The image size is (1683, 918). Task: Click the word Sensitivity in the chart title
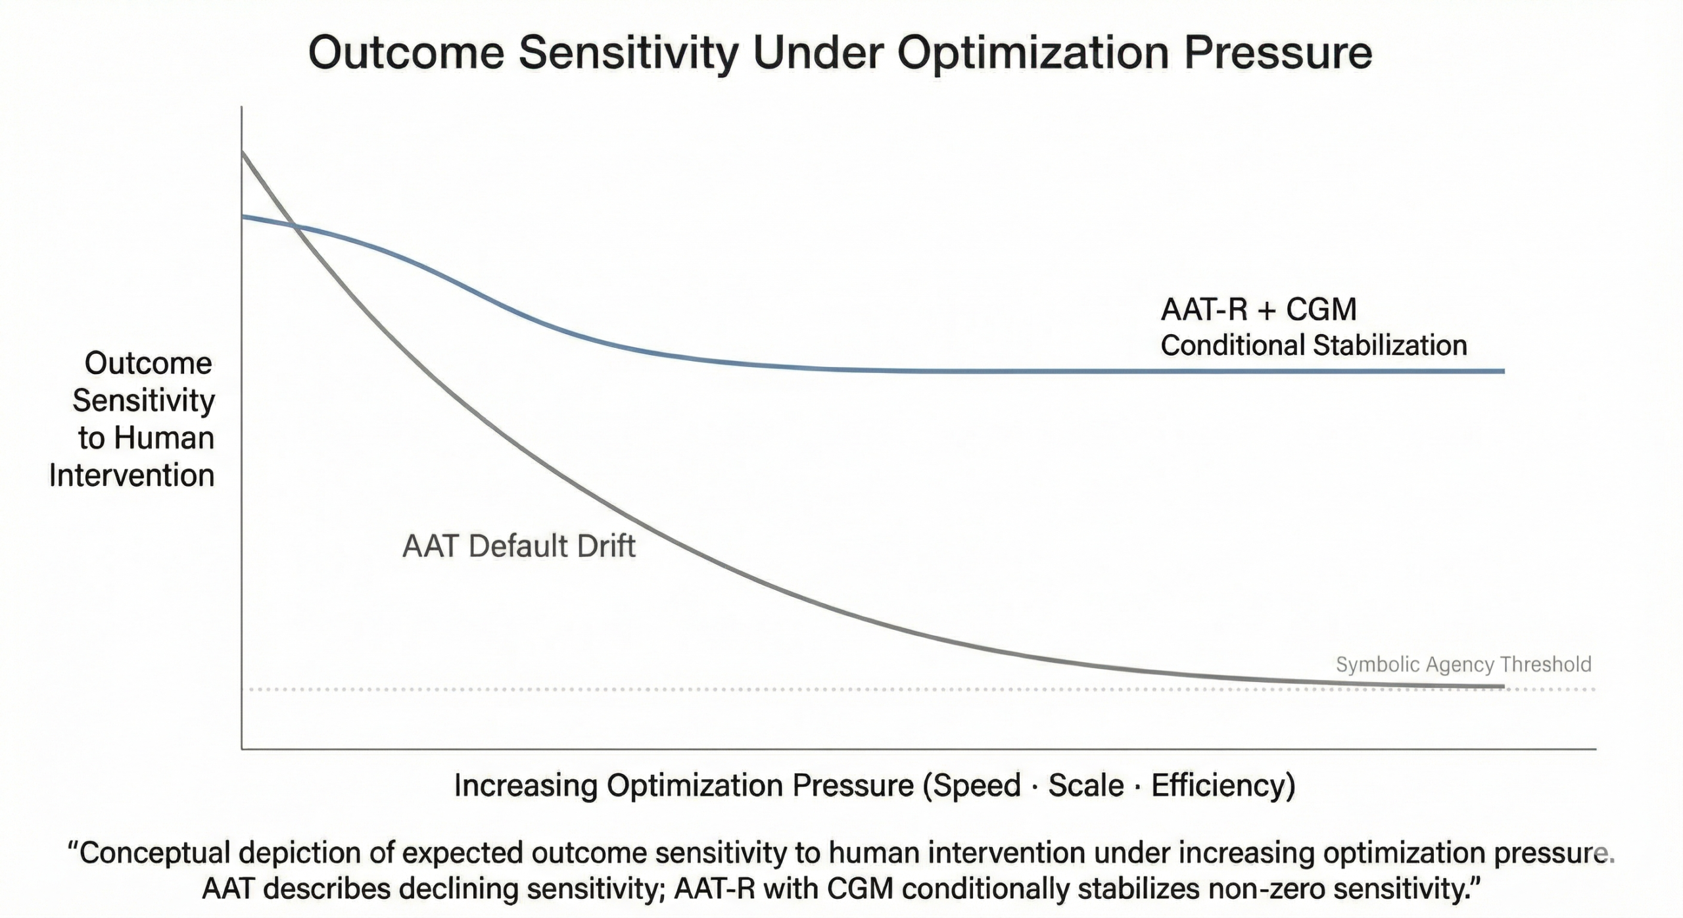click(x=628, y=54)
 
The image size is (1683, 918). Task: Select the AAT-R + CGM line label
click(x=1258, y=310)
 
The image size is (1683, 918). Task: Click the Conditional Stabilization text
click(x=1314, y=346)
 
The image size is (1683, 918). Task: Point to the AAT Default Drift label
click(x=519, y=546)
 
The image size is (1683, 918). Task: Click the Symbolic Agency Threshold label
click(x=1463, y=665)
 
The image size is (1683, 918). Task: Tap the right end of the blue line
click(x=1503, y=372)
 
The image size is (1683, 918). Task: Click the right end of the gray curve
click(x=1502, y=687)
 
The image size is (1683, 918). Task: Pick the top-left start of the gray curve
click(x=243, y=153)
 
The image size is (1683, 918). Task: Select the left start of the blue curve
click(x=244, y=216)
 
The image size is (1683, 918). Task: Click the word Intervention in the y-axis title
click(x=131, y=475)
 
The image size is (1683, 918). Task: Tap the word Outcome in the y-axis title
click(x=148, y=364)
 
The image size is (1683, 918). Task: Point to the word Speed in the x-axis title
click(x=973, y=786)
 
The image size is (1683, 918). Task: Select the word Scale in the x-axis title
click(x=1085, y=786)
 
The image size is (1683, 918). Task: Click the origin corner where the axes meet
click(x=242, y=748)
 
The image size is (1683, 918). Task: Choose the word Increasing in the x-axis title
click(x=525, y=786)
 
